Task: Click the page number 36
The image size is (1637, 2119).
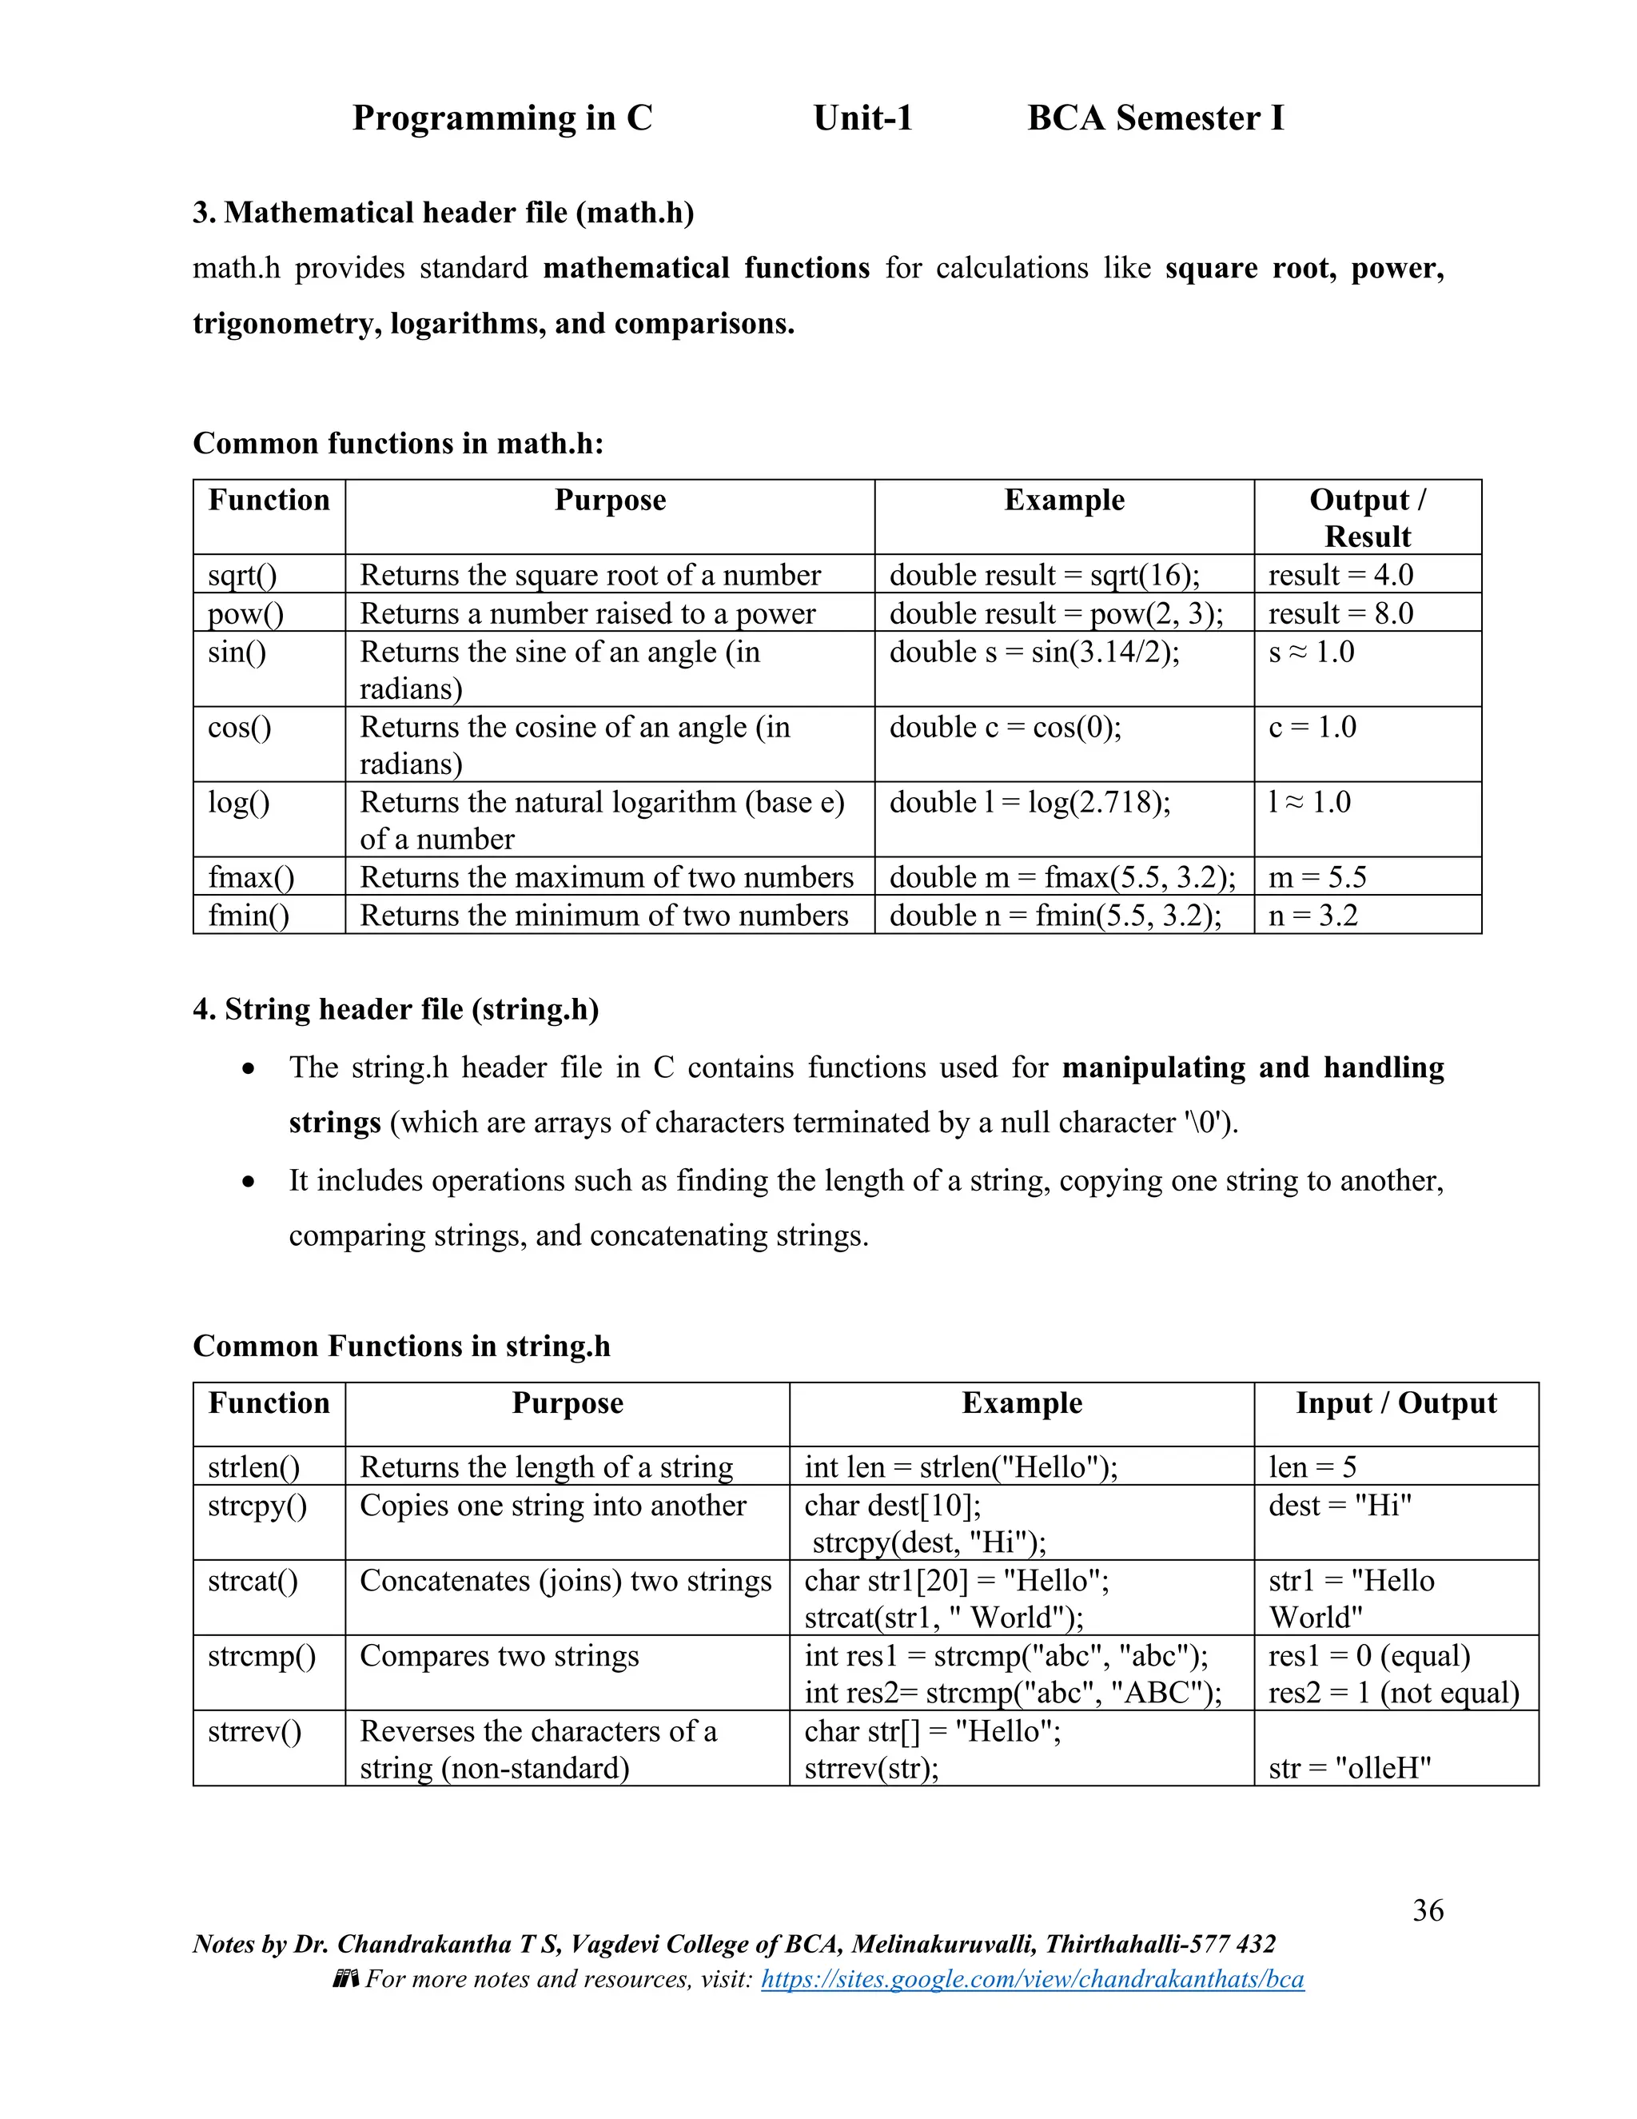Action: [x=1428, y=1909]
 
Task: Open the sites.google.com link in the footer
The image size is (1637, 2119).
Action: [x=1032, y=1978]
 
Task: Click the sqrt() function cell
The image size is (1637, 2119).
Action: [x=242, y=574]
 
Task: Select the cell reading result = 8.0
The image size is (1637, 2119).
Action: [x=1340, y=613]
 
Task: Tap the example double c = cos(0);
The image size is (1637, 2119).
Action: [x=1005, y=727]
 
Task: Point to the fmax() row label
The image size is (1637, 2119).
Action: [x=250, y=877]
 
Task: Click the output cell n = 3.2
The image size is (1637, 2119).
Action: [x=1313, y=915]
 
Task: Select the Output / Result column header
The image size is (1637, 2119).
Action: [x=1368, y=517]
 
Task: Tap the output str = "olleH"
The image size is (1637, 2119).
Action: [x=1350, y=1767]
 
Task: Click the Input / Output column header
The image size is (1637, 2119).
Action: [x=1396, y=1403]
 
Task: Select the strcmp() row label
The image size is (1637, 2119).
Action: [x=262, y=1655]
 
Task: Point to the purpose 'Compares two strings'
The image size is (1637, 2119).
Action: [x=500, y=1655]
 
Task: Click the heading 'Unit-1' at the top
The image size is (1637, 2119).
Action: [x=863, y=118]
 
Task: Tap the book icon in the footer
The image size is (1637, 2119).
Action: [x=346, y=1978]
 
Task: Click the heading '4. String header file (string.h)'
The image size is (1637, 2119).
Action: [x=396, y=1009]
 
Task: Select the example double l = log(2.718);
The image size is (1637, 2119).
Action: [x=1030, y=802]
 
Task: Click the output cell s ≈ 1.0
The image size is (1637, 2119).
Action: [x=1311, y=652]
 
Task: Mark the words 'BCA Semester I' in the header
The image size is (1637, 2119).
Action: [x=1155, y=118]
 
